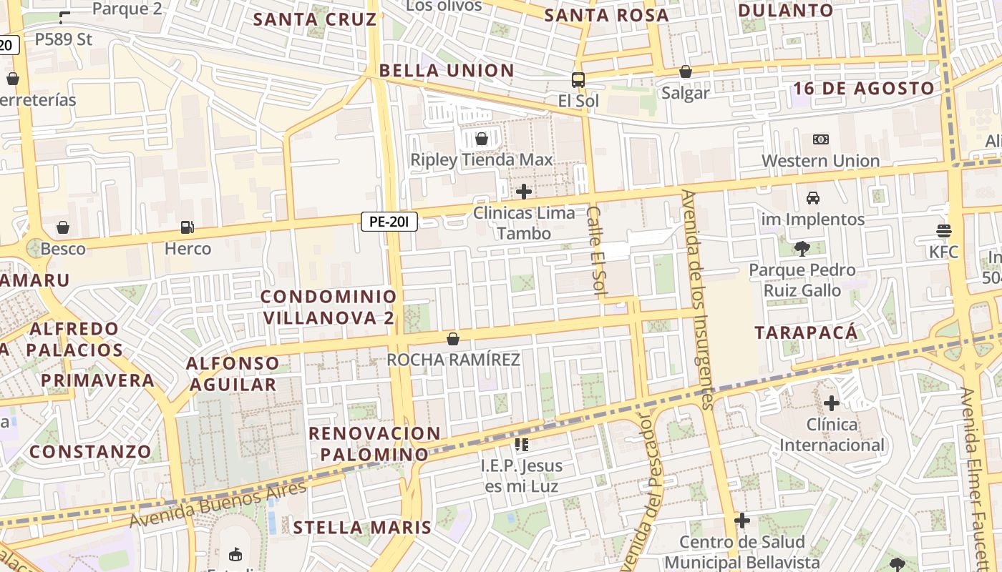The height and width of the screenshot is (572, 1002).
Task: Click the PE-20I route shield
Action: pos(389,222)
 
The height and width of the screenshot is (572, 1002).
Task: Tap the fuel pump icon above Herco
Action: pos(188,227)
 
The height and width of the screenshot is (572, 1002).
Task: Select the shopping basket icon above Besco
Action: pos(63,227)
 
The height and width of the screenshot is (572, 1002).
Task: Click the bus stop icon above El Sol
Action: pos(578,79)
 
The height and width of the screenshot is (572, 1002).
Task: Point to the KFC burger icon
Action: pos(943,230)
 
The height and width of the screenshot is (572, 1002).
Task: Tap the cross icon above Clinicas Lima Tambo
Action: pos(524,191)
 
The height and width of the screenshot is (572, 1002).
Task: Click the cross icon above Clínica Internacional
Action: pos(831,403)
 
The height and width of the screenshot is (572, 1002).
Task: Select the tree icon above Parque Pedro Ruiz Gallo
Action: pos(802,249)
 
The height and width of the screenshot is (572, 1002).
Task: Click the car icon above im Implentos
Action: pos(812,198)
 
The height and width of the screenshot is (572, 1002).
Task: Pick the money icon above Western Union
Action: pos(821,139)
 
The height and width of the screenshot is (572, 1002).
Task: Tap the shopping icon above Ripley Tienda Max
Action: pos(482,138)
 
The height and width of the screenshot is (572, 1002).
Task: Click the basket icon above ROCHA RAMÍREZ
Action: pos(452,338)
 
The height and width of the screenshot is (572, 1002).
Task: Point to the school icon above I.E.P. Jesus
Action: pos(521,445)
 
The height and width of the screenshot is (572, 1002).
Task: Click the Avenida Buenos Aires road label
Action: pos(218,504)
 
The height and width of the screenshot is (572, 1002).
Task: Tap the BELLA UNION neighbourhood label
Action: pos(447,71)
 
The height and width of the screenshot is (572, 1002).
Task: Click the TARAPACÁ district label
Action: pos(806,332)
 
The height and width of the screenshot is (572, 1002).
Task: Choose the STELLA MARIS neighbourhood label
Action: pos(362,528)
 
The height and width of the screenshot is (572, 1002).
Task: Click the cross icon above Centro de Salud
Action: pos(742,520)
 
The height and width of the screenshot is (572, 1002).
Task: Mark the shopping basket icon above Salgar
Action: pos(686,71)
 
